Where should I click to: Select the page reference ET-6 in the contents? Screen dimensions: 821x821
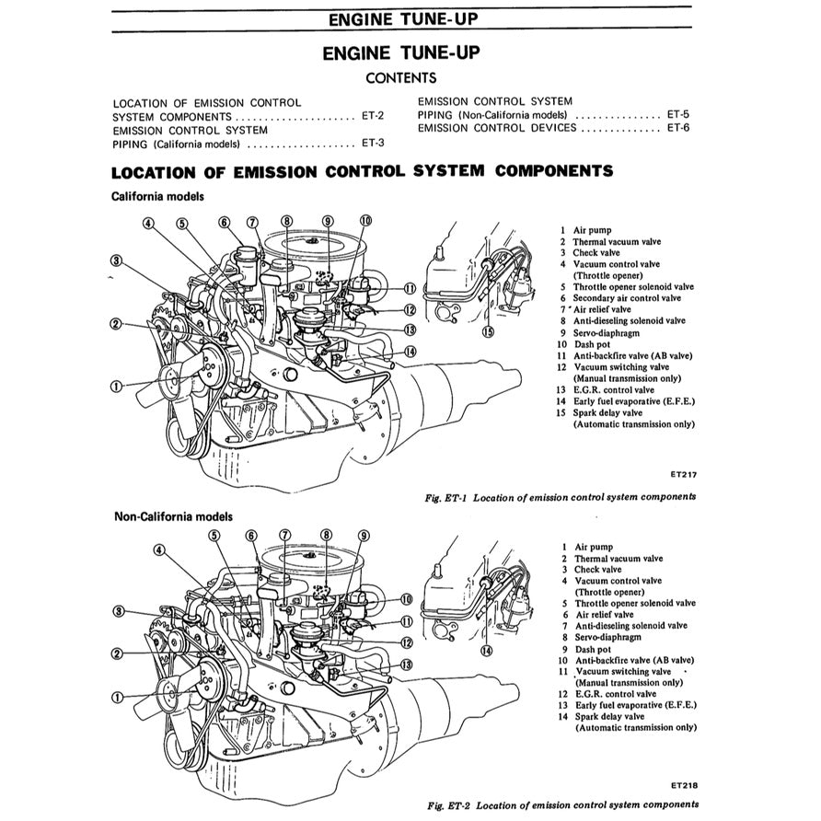coord(678,128)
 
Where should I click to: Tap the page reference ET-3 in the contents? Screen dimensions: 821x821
coord(373,143)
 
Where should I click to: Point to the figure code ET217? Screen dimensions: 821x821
coord(684,476)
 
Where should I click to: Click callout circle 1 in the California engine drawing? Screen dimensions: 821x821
coord(116,386)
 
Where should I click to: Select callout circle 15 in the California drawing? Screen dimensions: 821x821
coord(488,331)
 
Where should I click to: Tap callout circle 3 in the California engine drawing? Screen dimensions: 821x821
coord(116,260)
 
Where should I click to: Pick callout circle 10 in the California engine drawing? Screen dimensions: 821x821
coord(365,221)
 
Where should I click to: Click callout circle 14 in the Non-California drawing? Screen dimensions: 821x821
coord(486,650)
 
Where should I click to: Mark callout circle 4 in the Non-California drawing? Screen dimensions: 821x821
coord(158,550)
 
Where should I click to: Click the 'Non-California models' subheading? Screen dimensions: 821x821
coord(173,516)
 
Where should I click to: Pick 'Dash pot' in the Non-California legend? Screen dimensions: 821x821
coord(594,648)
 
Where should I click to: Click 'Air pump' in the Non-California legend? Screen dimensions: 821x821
coord(594,547)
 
